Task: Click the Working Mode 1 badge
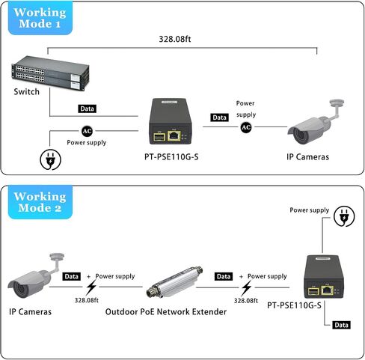[x=40, y=18]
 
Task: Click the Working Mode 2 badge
[x=40, y=202]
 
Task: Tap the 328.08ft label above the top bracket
[x=175, y=39]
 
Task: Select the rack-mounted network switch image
[x=50, y=73]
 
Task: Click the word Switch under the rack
[x=26, y=92]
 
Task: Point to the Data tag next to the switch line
[x=87, y=109]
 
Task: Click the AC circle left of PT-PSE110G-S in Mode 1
[x=87, y=131]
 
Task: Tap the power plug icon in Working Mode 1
[x=51, y=159]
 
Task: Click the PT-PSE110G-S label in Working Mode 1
[x=171, y=157]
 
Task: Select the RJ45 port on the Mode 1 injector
[x=174, y=135]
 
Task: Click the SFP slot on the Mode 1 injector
[x=159, y=137]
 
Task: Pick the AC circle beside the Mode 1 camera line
[x=246, y=127]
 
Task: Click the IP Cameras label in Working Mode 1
[x=307, y=157]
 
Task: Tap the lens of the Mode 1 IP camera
[x=299, y=136]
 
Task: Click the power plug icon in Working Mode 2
[x=344, y=216]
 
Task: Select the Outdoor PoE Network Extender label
[x=166, y=312]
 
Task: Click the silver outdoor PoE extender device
[x=174, y=282]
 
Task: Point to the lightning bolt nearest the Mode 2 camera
[x=91, y=287]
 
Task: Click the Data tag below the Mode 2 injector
[x=341, y=325]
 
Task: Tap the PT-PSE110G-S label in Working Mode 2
[x=294, y=305]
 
